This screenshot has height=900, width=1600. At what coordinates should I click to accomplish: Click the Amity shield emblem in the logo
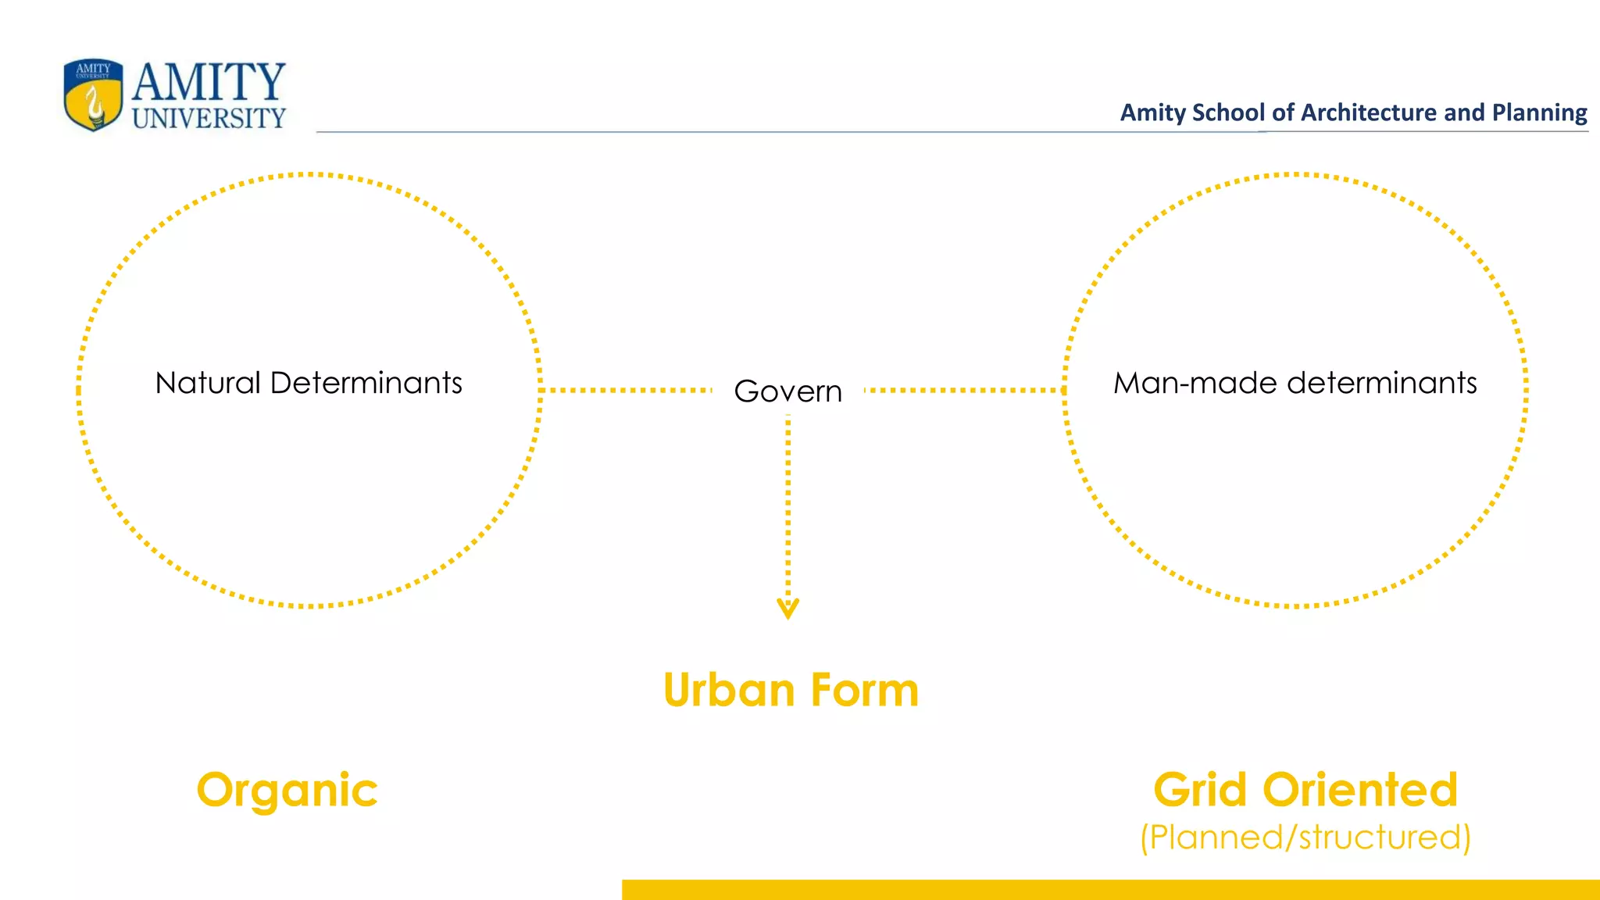94,95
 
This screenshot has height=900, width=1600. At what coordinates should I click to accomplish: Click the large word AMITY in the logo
209,82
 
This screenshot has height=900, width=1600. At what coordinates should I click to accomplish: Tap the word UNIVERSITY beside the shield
209,118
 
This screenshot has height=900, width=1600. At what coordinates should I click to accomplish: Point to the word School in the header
1229,112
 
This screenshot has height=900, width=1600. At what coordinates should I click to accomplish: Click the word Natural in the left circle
208,383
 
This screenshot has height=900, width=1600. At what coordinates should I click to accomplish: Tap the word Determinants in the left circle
366,383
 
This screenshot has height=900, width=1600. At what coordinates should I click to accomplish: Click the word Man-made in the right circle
1195,383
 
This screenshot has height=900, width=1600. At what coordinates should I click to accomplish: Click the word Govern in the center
787,391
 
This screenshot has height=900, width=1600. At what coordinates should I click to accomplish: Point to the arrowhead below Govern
787,609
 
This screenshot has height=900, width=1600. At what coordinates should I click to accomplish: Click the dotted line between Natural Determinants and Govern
625,389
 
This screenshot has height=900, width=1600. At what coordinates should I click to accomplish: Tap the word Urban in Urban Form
729,691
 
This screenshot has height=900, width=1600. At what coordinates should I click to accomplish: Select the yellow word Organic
287,791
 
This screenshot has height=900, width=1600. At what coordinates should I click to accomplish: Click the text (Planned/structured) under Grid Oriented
1305,837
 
